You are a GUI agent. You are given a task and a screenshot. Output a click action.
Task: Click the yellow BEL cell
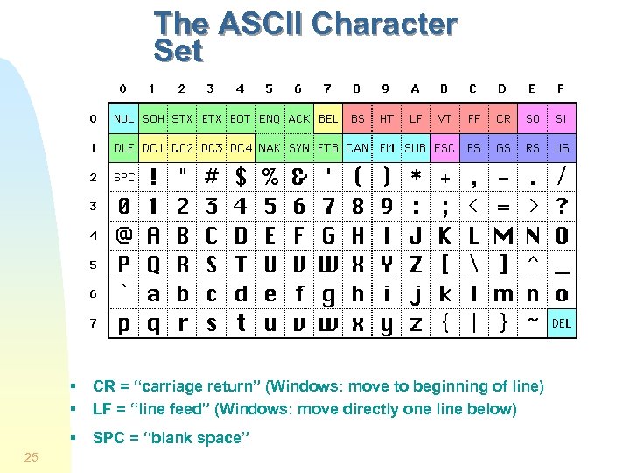pos(328,118)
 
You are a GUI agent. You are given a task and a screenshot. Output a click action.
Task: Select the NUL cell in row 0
pos(123,118)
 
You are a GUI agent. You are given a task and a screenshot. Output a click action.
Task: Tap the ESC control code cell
pos(444,148)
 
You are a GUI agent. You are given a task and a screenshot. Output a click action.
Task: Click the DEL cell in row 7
pos(562,323)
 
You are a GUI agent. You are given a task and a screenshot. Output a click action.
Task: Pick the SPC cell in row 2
pos(124,178)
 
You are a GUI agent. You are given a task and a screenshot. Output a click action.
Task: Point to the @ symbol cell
pos(124,236)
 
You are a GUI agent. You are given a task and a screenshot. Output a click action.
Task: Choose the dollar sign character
pos(241,178)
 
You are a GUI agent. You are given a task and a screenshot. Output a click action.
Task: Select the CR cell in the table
pos(503,118)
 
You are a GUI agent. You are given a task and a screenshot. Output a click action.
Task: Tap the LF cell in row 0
pos(416,118)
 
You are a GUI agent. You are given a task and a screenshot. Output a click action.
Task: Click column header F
pos(561,88)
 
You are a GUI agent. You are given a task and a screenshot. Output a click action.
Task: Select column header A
pos(415,88)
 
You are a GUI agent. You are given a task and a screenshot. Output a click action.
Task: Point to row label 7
pos(94,323)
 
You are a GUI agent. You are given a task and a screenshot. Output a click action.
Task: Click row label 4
pos(94,236)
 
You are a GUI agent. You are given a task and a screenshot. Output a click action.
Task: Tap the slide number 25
pos(31,456)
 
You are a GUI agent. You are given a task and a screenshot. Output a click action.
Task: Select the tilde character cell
pos(532,323)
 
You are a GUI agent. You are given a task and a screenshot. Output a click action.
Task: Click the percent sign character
pos(269,178)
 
